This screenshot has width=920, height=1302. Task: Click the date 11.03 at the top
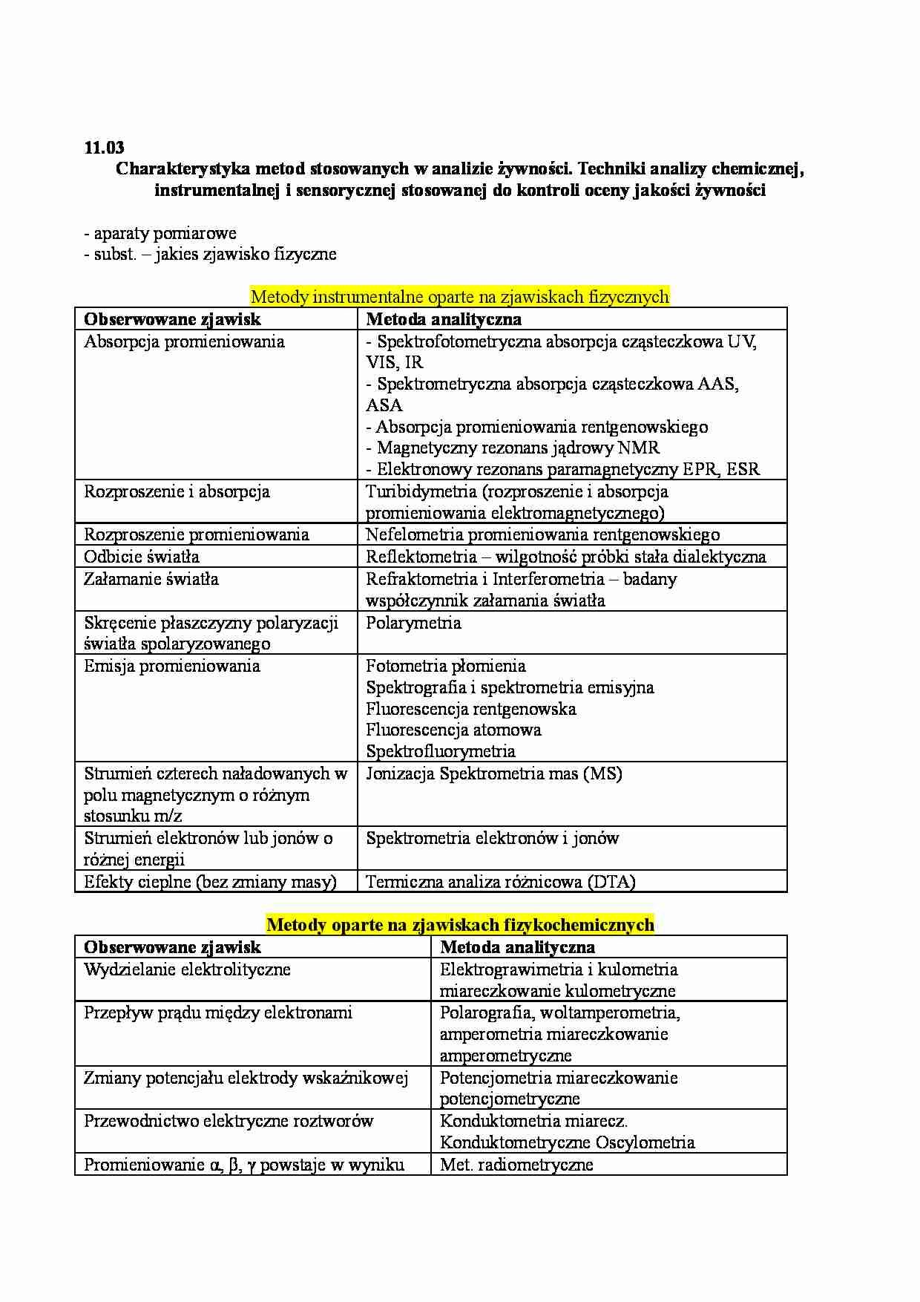(x=105, y=148)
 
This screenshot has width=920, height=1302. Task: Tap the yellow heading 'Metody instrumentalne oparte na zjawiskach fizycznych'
(x=459, y=297)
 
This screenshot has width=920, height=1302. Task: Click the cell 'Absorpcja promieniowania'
(x=184, y=341)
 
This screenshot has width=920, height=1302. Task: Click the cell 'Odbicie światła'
(x=142, y=557)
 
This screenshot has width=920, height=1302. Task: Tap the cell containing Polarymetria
(x=413, y=623)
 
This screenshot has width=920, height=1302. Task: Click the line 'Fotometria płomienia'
(x=445, y=666)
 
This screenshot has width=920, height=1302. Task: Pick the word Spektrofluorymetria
(x=441, y=751)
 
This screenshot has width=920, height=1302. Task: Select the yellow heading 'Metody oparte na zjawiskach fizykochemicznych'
(x=459, y=925)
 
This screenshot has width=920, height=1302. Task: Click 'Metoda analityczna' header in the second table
(x=517, y=947)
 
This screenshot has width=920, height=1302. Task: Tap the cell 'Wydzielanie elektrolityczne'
(x=187, y=969)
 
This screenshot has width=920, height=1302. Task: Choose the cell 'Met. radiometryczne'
(x=516, y=1165)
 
